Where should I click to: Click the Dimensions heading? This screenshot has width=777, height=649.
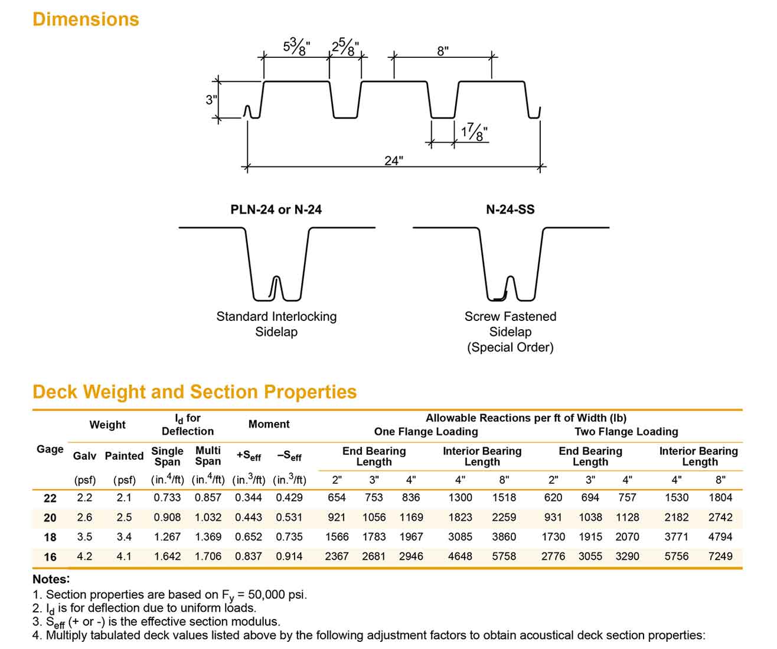(86, 19)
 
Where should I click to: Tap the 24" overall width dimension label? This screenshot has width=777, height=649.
(394, 160)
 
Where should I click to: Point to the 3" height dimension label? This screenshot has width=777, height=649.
(211, 100)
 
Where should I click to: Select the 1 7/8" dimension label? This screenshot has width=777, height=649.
(474, 132)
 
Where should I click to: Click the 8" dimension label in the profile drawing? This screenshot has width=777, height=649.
(443, 51)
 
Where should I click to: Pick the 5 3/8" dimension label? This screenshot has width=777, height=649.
(296, 47)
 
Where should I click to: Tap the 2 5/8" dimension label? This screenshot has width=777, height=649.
(345, 47)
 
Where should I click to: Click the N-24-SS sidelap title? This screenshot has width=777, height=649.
(510, 209)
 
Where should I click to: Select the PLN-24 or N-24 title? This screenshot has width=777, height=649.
(276, 209)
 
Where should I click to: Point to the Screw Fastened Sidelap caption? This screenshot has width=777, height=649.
(510, 324)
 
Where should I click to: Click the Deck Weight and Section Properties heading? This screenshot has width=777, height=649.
(195, 392)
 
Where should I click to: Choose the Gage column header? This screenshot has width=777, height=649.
(50, 449)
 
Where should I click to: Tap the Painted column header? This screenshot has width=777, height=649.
(124, 456)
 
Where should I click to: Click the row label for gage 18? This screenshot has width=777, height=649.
(50, 537)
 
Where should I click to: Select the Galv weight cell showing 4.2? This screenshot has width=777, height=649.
(84, 556)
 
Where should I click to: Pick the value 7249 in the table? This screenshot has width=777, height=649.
(720, 556)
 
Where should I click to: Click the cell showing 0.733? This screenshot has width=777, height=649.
(167, 497)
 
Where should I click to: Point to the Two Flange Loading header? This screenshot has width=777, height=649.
(626, 431)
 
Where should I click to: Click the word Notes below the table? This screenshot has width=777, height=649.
(51, 579)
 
